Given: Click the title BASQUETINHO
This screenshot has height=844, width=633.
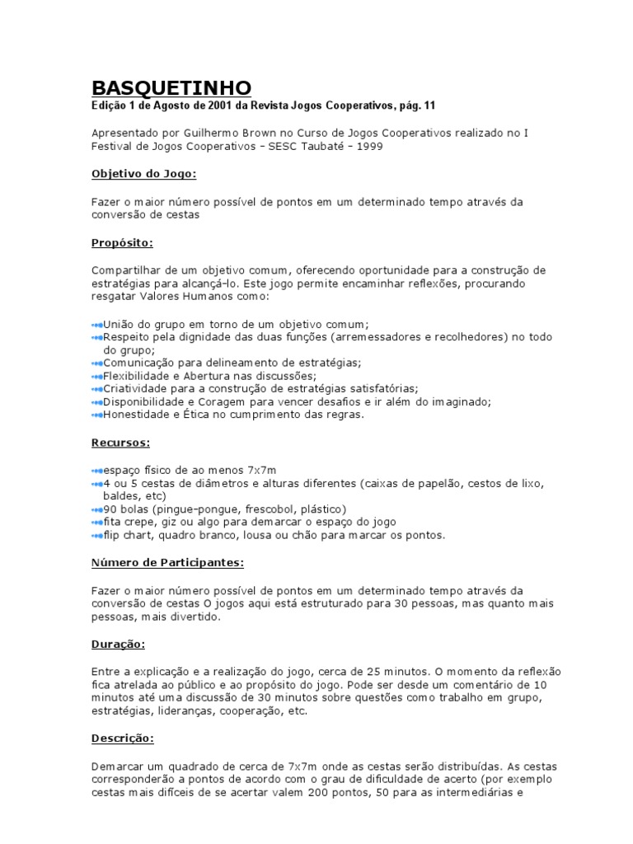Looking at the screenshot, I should pyautogui.click(x=171, y=87).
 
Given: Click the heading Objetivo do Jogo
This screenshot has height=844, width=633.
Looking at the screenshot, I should pyautogui.click(x=143, y=173).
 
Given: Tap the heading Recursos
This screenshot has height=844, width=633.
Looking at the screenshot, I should pyautogui.click(x=120, y=442).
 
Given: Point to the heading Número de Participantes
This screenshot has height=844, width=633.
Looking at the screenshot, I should pyautogui.click(x=167, y=562).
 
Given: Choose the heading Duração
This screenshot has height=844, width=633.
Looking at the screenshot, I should pyautogui.click(x=117, y=644).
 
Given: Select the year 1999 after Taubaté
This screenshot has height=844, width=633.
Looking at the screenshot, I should pyautogui.click(x=368, y=146).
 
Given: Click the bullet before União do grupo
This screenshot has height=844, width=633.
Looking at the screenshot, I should pyautogui.click(x=96, y=324).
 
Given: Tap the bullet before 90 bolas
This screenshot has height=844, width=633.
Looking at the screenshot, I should pyautogui.click(x=96, y=509).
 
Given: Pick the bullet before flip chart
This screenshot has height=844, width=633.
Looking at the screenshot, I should pyautogui.click(x=96, y=535).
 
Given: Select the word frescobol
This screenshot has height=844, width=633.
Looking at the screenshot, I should pyautogui.click(x=265, y=509).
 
